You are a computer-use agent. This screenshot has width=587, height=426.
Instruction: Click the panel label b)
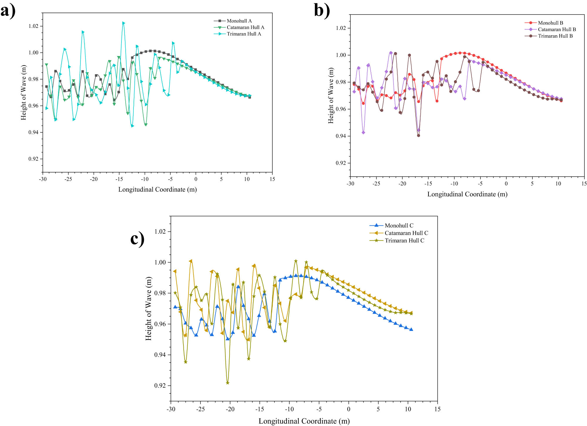322,11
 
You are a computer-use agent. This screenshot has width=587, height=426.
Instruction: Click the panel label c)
137,238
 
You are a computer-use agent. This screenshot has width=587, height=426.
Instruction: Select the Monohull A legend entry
239,21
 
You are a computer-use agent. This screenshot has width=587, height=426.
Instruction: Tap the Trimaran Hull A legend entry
244,34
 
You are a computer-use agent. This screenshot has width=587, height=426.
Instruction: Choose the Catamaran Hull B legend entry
556,29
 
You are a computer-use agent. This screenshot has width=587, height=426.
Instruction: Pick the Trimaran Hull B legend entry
555,36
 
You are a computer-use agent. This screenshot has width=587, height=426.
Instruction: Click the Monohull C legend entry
399,225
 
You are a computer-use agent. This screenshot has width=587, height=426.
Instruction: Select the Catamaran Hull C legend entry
406,233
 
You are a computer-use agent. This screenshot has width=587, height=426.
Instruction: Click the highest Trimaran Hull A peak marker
124,23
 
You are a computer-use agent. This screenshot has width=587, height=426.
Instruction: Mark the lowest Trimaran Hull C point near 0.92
227,383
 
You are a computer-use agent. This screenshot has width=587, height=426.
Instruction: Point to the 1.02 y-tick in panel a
33,26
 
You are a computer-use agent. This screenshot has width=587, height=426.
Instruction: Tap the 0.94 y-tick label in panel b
341,136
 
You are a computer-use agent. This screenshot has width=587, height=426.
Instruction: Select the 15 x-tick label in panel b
584,184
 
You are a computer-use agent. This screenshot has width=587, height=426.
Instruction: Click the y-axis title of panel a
23,93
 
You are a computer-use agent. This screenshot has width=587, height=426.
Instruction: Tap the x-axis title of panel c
304,421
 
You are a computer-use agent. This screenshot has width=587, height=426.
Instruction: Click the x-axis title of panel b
467,194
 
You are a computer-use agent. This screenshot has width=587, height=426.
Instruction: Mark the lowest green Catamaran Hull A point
146,125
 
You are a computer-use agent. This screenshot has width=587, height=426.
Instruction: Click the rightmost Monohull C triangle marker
411,329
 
